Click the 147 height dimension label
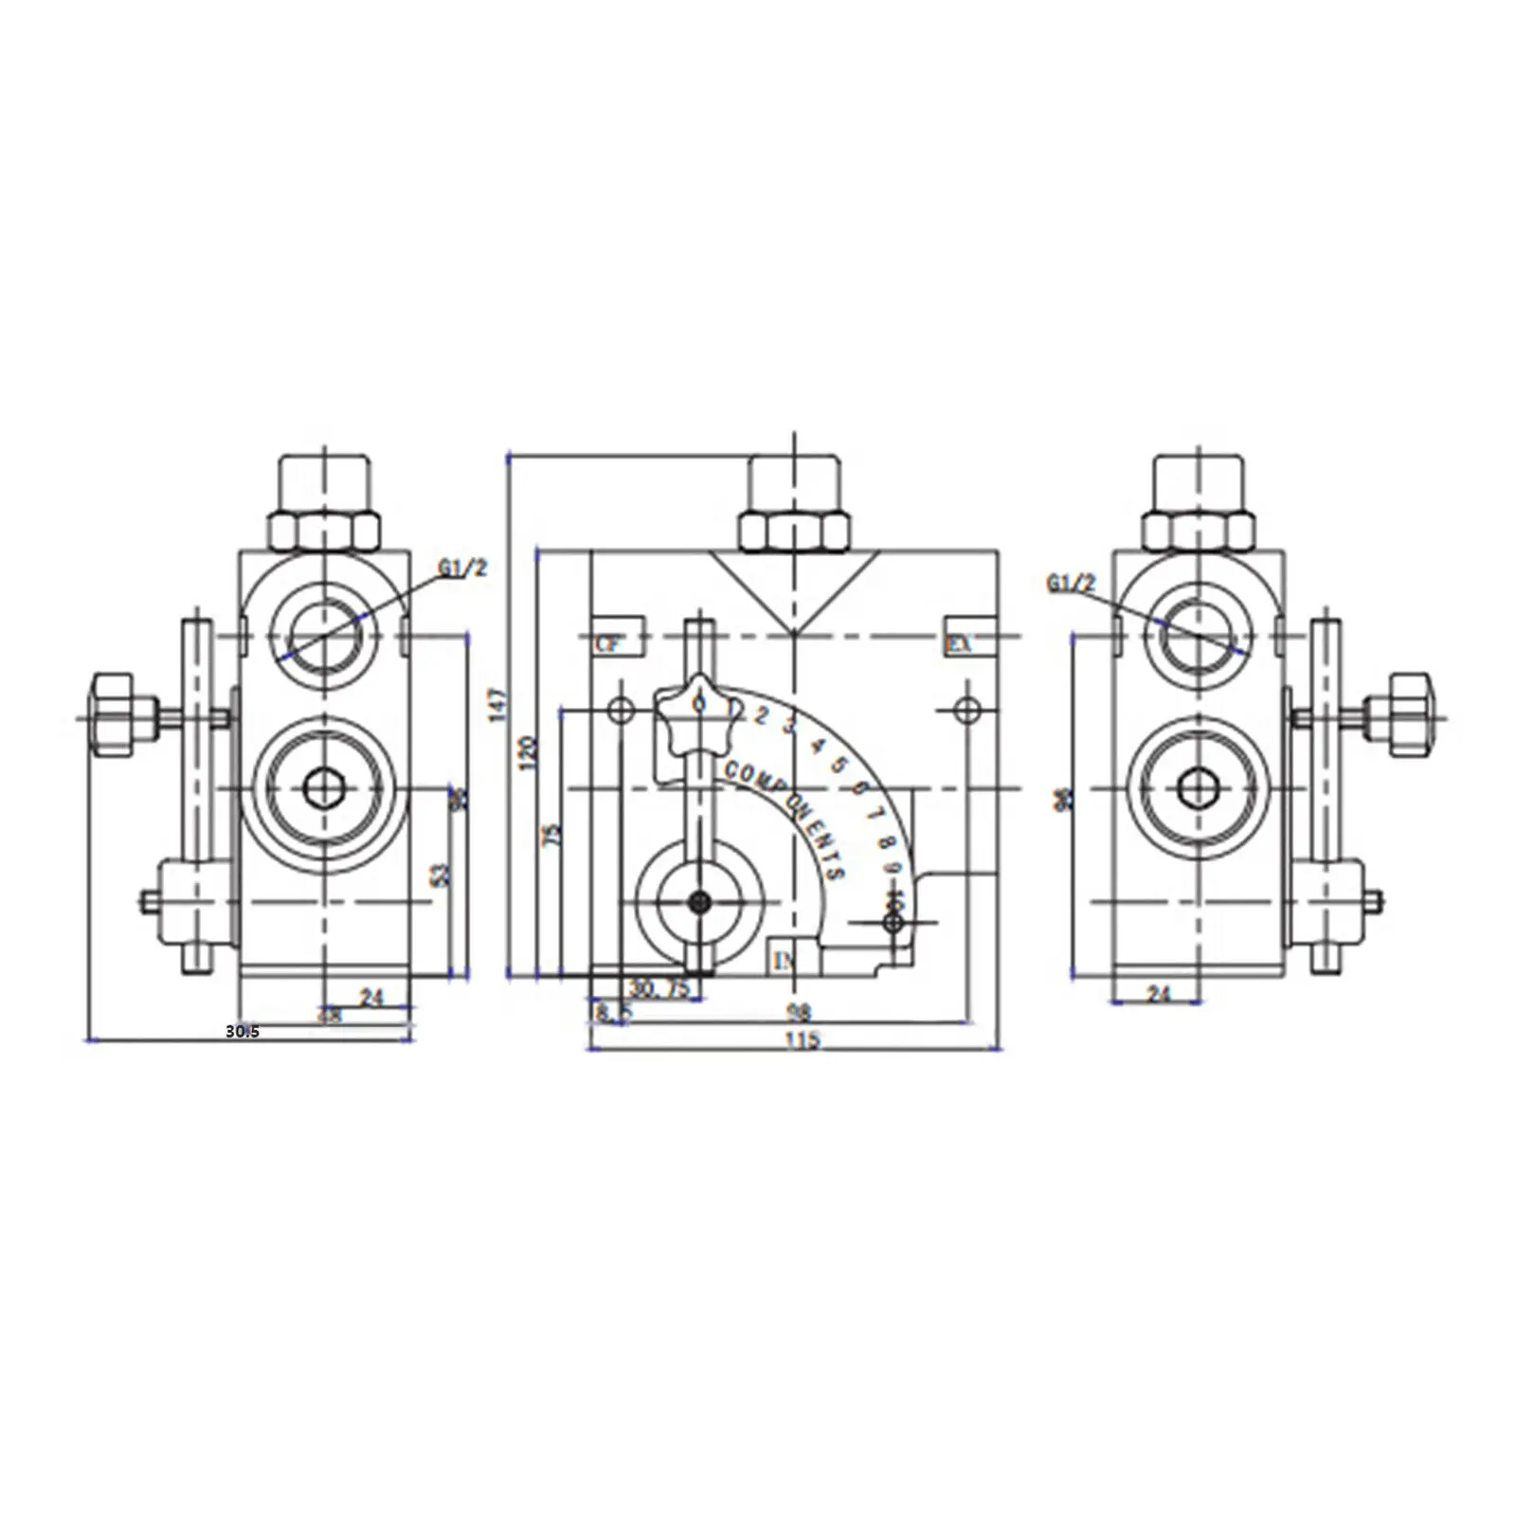pos(499,705)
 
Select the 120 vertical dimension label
pos(529,752)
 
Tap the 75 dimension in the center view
pos(553,834)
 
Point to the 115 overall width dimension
pos(802,1039)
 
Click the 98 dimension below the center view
pos(800,1012)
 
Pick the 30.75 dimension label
pos(659,989)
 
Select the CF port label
pos(608,644)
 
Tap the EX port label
pos(959,644)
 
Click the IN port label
pos(785,962)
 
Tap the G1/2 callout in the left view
pos(462,568)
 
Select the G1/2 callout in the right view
pos(1071,584)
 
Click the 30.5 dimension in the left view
pos(242,1032)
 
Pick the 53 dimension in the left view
pos(440,874)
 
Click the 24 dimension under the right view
pos(1159,994)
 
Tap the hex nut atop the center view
pos(794,531)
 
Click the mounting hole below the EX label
pos(966,709)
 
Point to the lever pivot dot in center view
pos(699,902)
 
